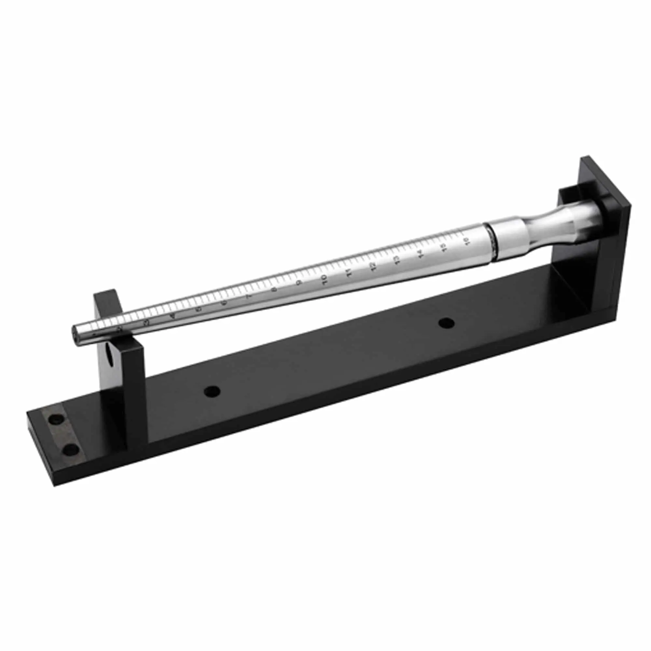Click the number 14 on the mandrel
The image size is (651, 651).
click(x=420, y=254)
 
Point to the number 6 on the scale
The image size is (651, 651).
click(x=224, y=302)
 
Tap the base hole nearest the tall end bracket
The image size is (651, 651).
click(x=447, y=323)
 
